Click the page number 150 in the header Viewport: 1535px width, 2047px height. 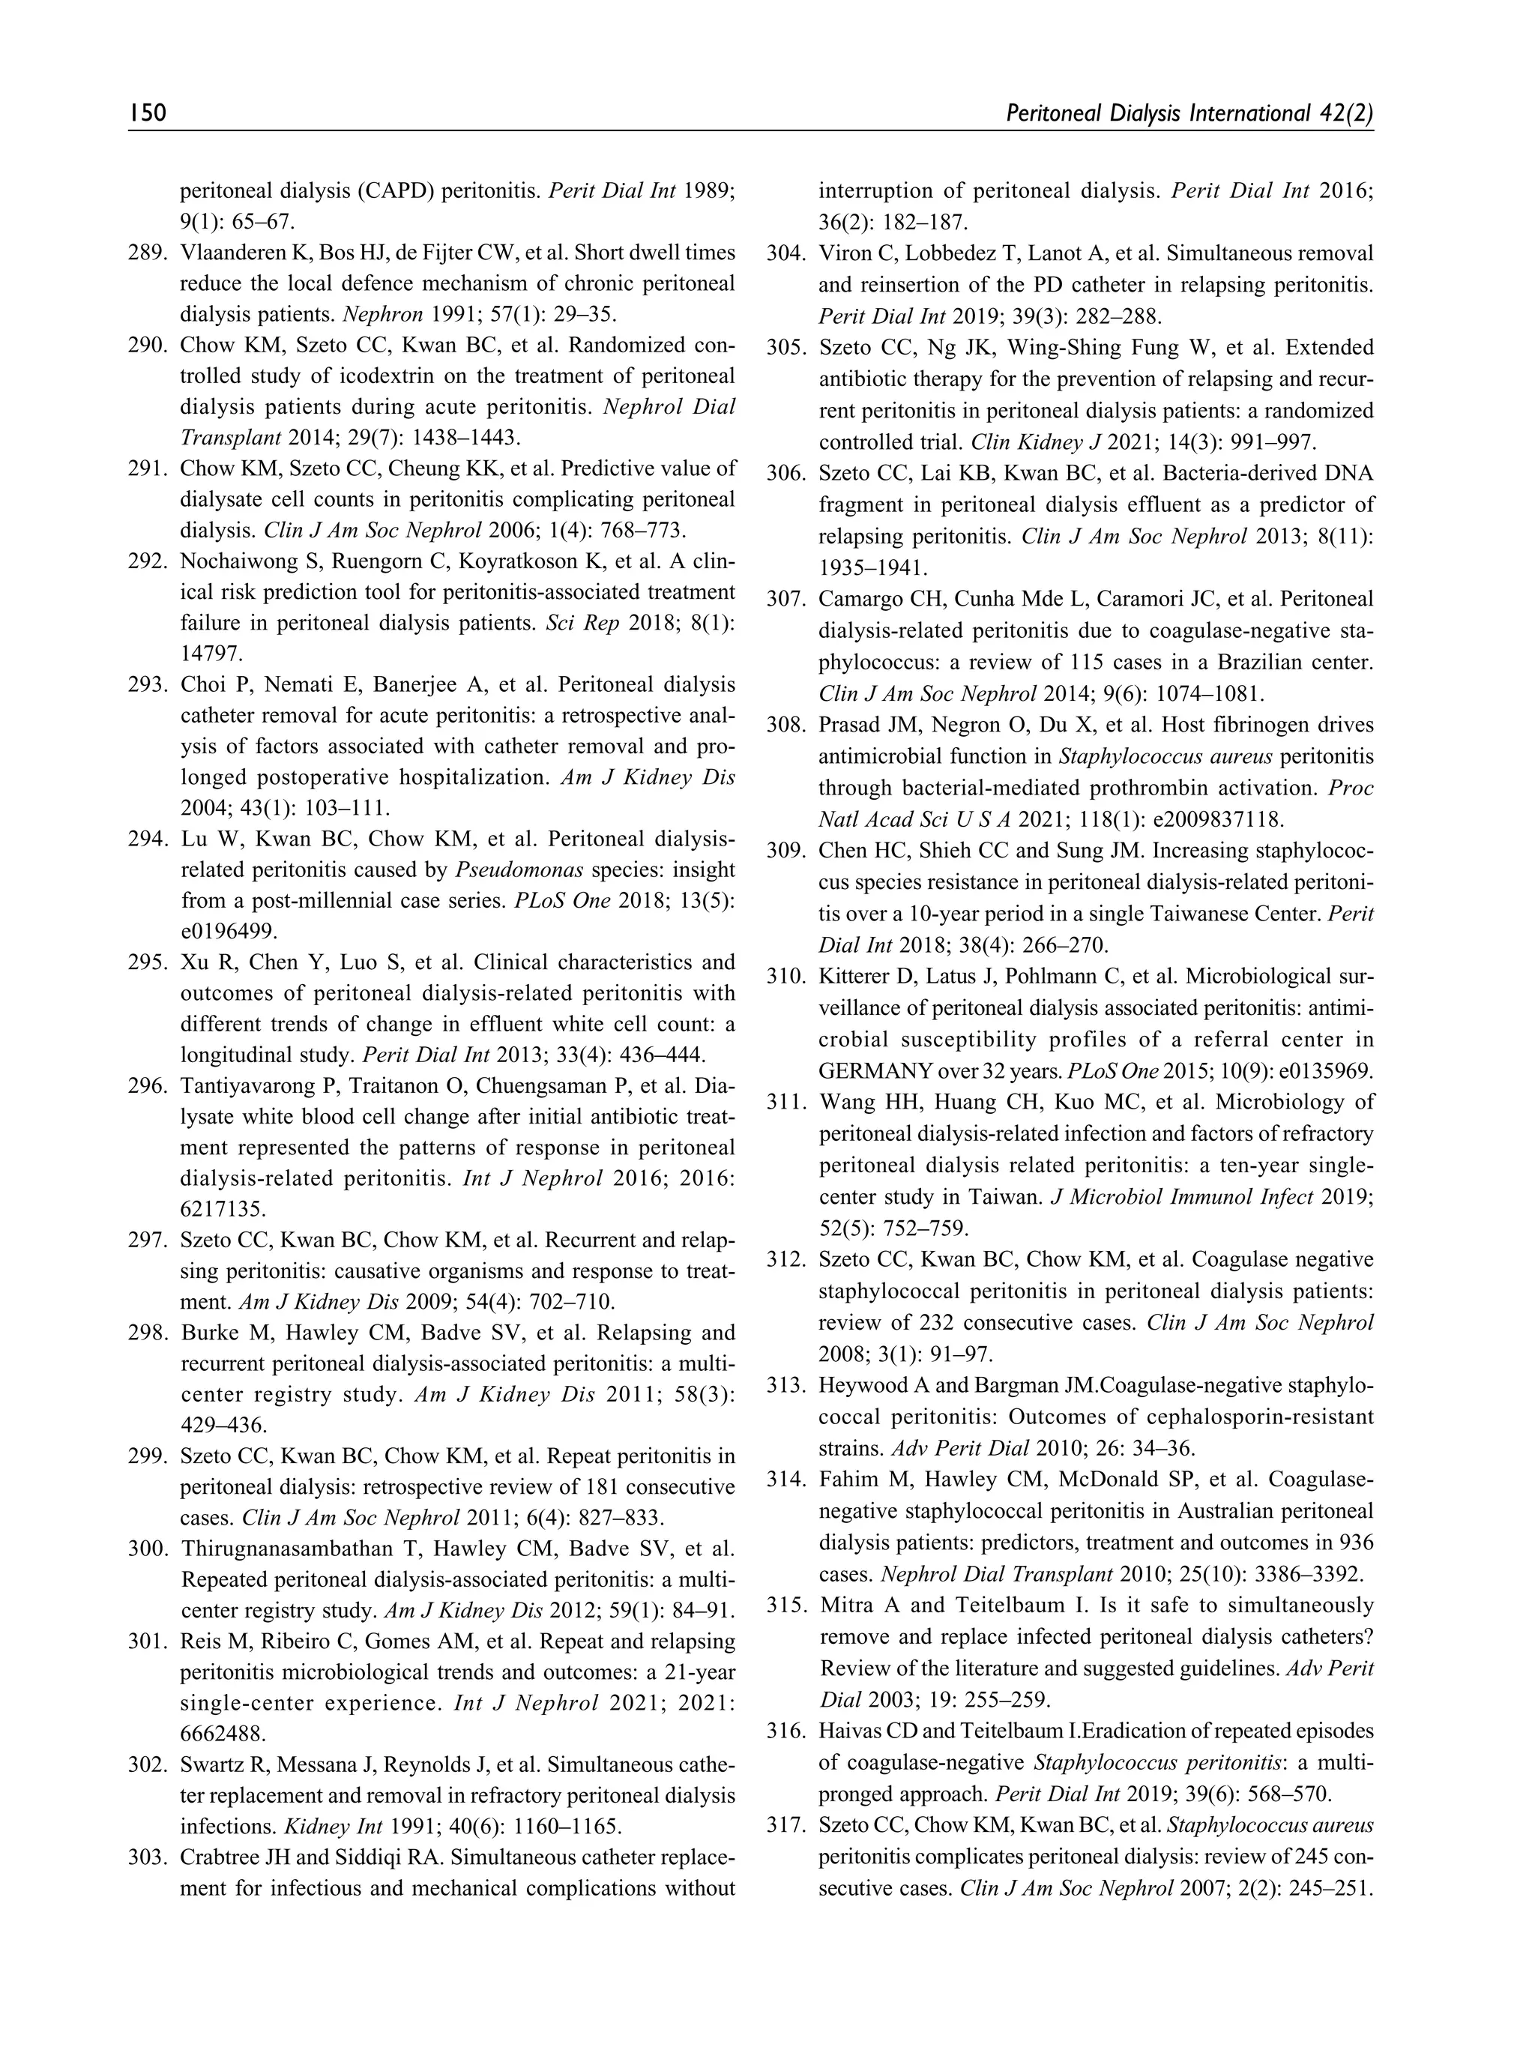click(x=147, y=113)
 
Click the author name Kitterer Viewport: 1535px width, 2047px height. click(x=853, y=977)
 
